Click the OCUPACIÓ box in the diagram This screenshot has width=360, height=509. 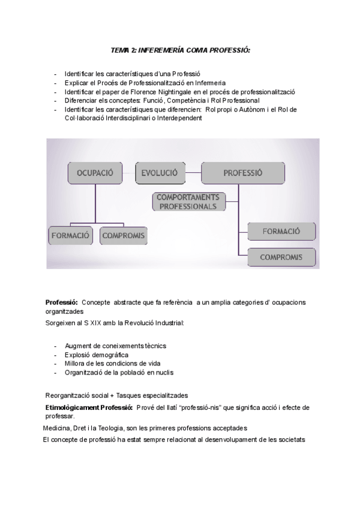pos(95,173)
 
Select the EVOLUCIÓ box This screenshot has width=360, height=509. pos(159,173)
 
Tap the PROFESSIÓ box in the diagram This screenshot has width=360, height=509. pos(242,173)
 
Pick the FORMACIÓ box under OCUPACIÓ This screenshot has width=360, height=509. pos(69,235)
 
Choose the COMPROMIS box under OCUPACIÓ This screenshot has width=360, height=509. pos(123,235)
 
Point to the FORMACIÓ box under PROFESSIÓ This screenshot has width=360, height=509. pos(281,231)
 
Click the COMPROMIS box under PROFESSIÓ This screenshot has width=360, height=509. pos(280,257)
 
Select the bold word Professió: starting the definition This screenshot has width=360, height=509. pos(62,302)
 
